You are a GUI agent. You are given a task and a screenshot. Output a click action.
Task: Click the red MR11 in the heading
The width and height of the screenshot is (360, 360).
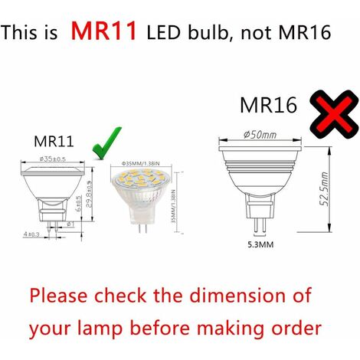105,31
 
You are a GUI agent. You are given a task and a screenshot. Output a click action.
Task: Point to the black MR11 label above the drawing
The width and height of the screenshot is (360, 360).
54,141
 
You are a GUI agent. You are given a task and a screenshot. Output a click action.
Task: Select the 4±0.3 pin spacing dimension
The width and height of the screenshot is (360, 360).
31,233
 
